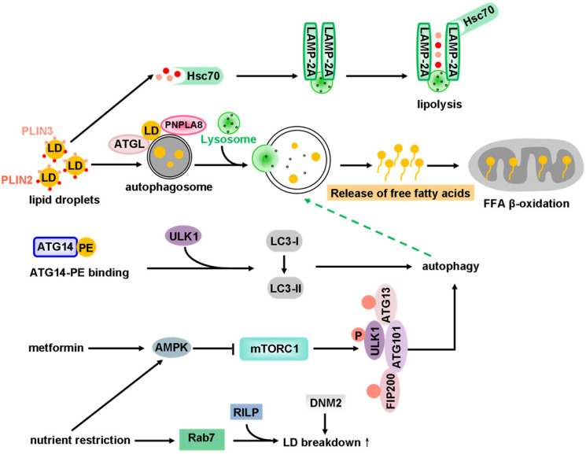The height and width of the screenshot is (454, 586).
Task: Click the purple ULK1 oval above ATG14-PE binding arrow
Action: [183, 236]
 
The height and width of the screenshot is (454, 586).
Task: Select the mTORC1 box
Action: [274, 349]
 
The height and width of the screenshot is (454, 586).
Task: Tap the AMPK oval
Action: [171, 348]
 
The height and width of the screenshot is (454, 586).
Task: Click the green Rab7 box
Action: [202, 439]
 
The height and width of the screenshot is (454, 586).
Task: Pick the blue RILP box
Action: [246, 412]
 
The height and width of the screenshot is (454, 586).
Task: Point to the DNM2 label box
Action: [326, 403]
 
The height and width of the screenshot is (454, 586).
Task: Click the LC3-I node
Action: [285, 242]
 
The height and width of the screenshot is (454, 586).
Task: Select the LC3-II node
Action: [286, 288]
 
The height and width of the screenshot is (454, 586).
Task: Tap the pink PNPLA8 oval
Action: [183, 125]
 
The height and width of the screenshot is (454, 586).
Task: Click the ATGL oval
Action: [129, 144]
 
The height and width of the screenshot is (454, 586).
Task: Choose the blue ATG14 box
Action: [55, 247]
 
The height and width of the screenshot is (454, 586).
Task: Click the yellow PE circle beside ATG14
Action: [87, 247]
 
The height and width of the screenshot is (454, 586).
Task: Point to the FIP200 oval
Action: [390, 390]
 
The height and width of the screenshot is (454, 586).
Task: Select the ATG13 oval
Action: [386, 304]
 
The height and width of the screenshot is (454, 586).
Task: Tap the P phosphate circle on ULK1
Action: [359, 335]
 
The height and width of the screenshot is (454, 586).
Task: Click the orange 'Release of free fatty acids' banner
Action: [400, 193]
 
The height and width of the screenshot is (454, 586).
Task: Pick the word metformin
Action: [56, 348]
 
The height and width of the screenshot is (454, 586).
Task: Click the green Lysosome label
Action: [229, 139]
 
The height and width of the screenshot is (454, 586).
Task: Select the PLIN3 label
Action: [37, 131]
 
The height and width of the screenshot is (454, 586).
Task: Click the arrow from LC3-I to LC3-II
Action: [285, 264]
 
